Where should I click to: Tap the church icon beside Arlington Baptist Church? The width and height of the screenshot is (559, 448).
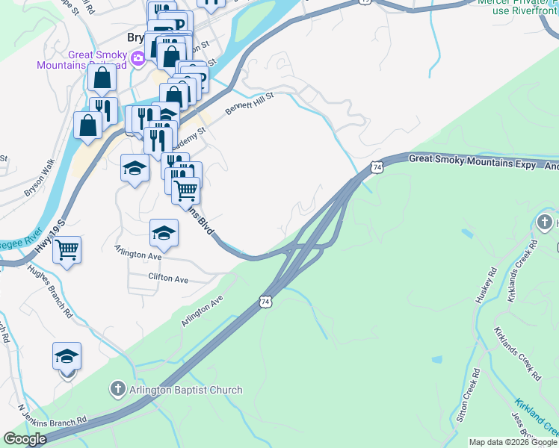117,389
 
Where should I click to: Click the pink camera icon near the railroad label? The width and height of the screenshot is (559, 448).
138,58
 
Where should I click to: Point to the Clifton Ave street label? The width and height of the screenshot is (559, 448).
169,279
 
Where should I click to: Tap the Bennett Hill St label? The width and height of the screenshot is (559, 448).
250,104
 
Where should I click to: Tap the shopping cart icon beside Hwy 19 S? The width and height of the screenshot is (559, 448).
67,249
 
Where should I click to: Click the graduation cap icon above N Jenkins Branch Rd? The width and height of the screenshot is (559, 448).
67,356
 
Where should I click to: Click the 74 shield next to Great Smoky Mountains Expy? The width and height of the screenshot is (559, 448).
377,167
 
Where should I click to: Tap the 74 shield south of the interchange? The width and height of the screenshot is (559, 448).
266,302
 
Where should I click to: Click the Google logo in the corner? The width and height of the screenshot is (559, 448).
25,439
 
